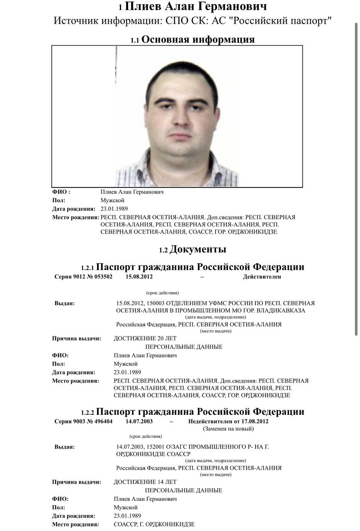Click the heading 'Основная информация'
pyautogui.click(x=198, y=40)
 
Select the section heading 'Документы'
pyautogui.click(x=198, y=250)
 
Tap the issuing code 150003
pyautogui.click(x=157, y=303)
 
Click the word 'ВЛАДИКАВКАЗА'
pyautogui.click(x=276, y=311)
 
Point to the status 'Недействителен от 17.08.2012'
pyautogui.click(x=228, y=421)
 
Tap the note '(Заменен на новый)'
pyautogui.click(x=228, y=429)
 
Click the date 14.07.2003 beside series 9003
pyautogui.click(x=139, y=421)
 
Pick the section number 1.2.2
pyautogui.click(x=88, y=413)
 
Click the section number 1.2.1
pyautogui.click(x=88, y=268)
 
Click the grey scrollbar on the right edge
pyautogui.click(x=356, y=178)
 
